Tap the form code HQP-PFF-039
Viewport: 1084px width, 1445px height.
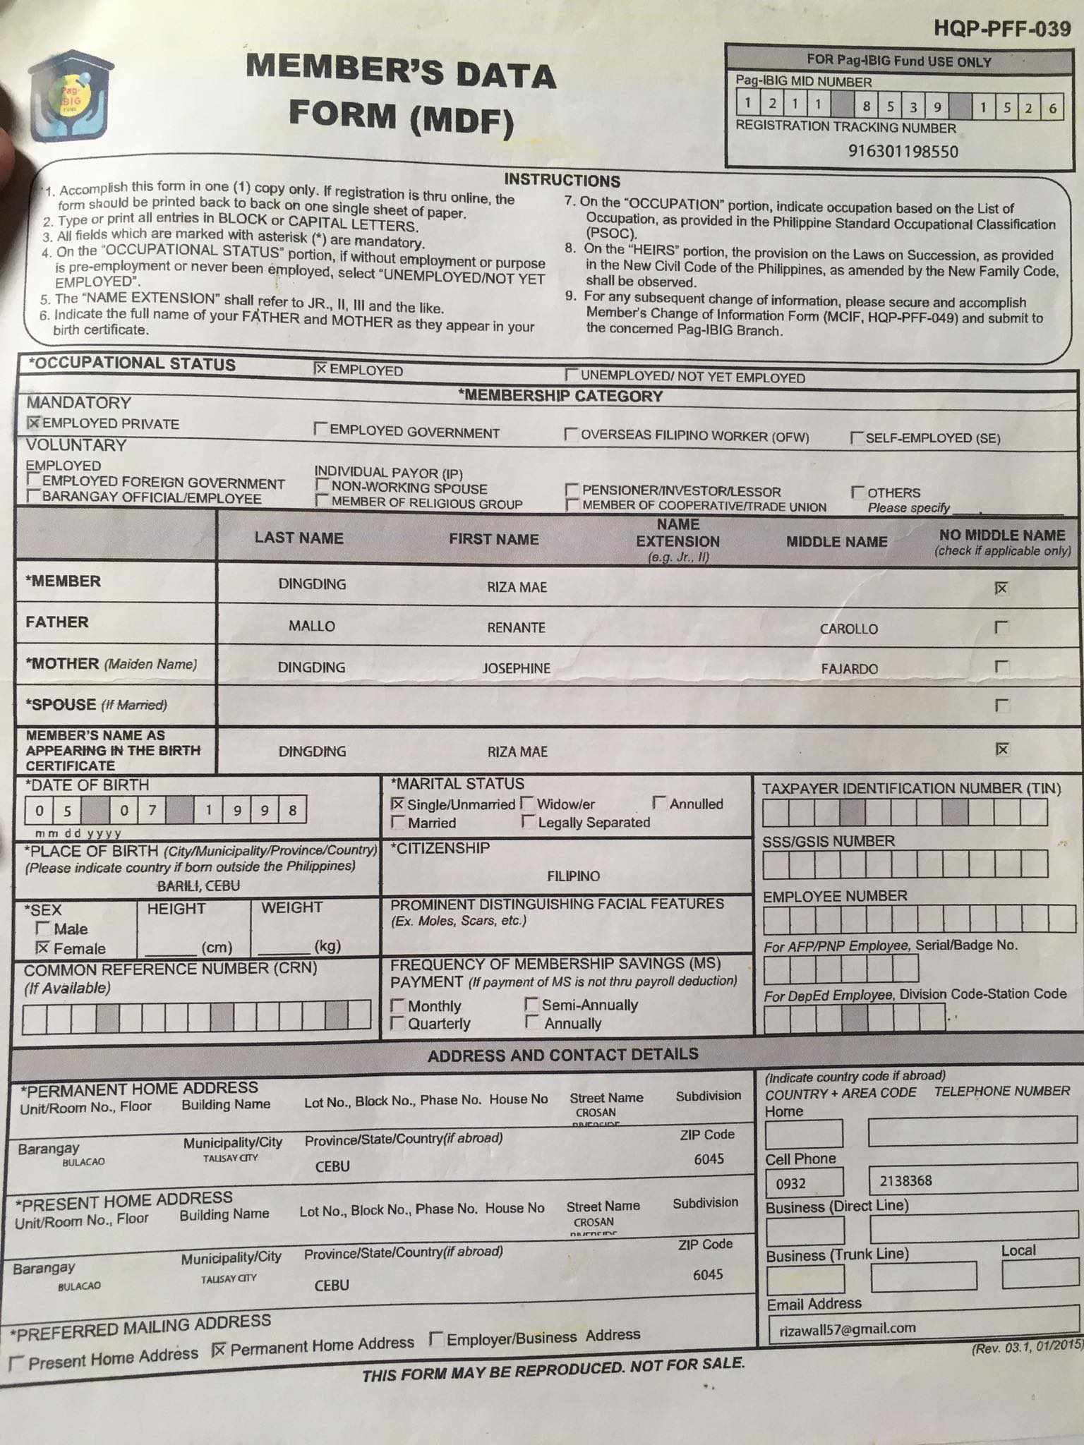coord(1001,29)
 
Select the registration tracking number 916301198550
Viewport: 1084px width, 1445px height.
coord(903,151)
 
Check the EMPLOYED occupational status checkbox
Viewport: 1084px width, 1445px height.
coord(320,368)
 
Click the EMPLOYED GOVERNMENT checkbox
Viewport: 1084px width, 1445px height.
coord(321,429)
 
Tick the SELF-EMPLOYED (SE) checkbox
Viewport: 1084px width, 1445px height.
coord(857,438)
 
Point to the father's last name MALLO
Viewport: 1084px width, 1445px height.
coord(311,626)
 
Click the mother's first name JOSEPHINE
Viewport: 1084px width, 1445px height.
coord(516,668)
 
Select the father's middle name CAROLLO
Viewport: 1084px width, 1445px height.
coord(848,629)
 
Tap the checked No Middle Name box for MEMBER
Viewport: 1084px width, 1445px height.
coord(1001,588)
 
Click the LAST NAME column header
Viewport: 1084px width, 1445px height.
coord(299,538)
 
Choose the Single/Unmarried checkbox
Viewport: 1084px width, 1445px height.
coord(398,804)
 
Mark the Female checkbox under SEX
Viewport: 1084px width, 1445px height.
coord(43,948)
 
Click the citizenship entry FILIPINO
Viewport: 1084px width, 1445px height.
coord(573,876)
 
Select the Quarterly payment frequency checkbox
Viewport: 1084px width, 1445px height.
coord(398,1022)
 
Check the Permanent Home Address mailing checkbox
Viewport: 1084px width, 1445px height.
coord(219,1350)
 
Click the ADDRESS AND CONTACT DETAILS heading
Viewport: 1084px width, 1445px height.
coord(562,1055)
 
